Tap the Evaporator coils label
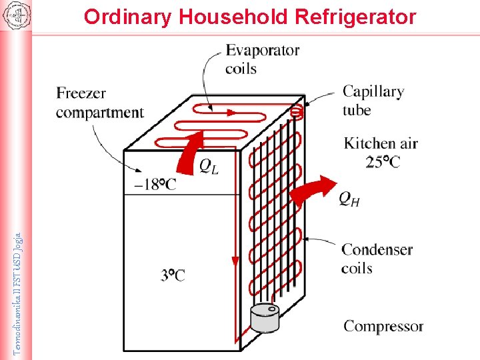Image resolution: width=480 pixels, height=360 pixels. coord(262,59)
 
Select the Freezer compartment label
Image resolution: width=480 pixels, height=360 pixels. coord(99,103)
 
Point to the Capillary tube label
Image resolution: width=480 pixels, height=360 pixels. coord(373,100)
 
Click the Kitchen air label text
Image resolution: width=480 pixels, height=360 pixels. coord(381,143)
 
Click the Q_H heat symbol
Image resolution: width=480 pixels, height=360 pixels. coord(349,198)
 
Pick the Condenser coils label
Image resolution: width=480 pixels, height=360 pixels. coord(377,259)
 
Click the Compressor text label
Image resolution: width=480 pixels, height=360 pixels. coord(383,326)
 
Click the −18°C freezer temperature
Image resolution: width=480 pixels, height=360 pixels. coord(155,184)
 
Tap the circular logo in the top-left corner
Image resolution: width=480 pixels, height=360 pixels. coord(15,16)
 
